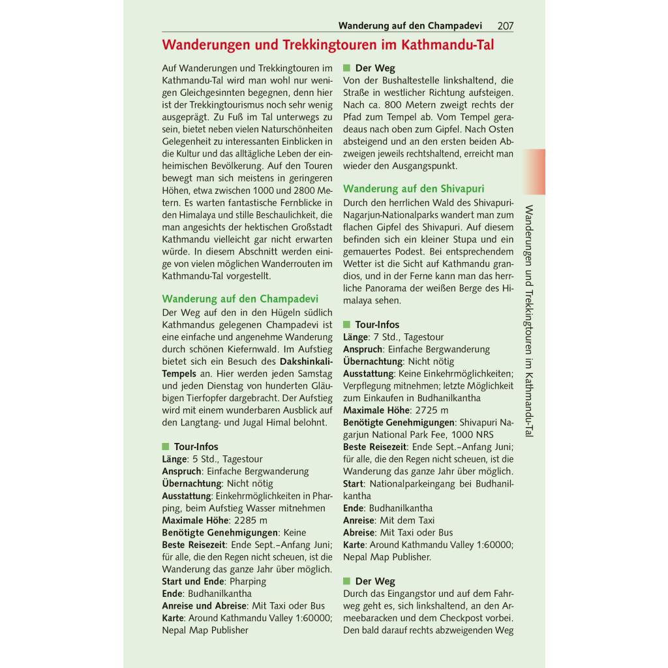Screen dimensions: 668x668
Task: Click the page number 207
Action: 505,26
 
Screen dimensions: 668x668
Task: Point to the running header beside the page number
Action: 410,26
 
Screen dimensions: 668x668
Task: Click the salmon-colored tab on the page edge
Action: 533,172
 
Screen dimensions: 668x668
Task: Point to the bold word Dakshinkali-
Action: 306,361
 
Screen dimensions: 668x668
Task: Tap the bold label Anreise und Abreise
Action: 205,606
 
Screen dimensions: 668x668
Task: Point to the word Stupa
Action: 459,239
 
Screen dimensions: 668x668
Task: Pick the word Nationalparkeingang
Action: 415,484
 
